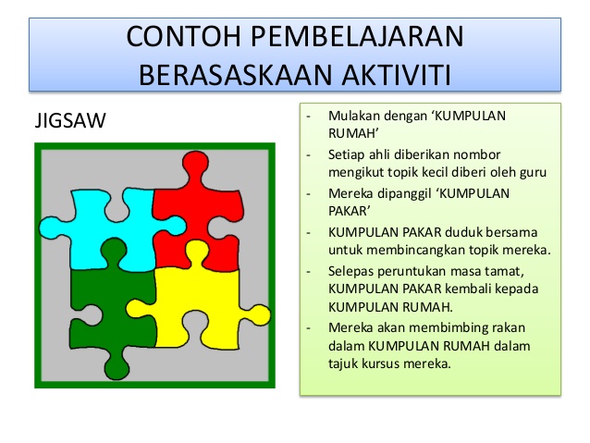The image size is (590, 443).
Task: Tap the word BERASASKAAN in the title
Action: pos(226,74)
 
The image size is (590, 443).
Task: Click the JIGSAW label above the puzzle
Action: pos(69,122)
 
